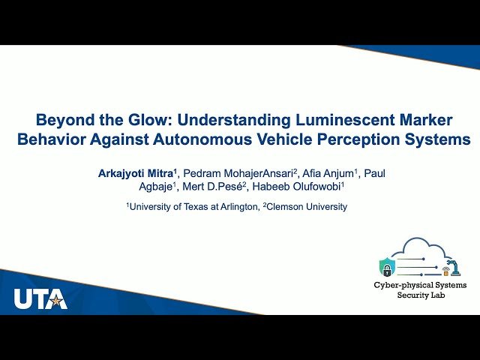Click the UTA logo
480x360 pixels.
point(40,298)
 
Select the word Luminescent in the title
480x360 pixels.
point(333,120)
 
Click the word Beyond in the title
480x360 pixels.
point(62,120)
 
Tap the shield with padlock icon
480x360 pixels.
point(387,266)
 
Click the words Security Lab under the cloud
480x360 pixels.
point(420,296)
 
